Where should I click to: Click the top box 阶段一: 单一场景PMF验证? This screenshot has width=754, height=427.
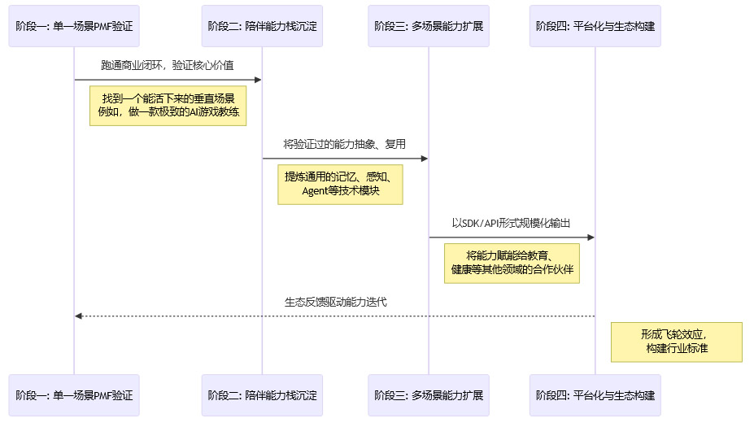tap(74, 25)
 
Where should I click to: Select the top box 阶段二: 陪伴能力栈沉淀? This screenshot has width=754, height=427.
tap(262, 25)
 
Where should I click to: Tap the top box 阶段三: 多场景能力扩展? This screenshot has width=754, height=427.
tap(429, 25)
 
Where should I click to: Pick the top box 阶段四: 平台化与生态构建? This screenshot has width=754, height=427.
tap(595, 25)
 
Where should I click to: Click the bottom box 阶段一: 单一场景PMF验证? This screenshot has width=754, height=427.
tap(74, 395)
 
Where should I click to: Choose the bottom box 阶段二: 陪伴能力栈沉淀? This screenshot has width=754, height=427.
tap(262, 395)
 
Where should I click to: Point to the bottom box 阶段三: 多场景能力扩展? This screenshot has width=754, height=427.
tap(429, 395)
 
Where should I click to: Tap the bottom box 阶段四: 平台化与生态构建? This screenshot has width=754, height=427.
tap(595, 395)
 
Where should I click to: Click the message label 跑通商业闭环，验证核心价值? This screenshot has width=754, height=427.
tap(168, 64)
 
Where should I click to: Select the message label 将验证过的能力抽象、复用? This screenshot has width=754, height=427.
tap(345, 143)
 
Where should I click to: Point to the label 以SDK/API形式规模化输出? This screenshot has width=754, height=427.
tap(512, 222)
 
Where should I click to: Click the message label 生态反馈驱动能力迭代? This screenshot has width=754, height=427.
tap(335, 302)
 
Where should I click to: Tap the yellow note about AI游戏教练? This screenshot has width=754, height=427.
tap(168, 105)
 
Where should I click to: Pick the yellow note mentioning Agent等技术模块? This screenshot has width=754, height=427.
tap(340, 184)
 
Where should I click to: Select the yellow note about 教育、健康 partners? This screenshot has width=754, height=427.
tap(512, 262)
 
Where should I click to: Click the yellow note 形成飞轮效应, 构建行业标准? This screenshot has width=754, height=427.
tap(677, 342)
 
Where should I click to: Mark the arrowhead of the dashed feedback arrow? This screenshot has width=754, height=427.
tap(78, 316)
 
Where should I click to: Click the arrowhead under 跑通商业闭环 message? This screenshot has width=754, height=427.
tap(257, 80)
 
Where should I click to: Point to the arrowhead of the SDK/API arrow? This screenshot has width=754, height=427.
tap(591, 237)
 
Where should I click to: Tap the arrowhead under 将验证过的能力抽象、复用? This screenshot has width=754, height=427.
tap(424, 159)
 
